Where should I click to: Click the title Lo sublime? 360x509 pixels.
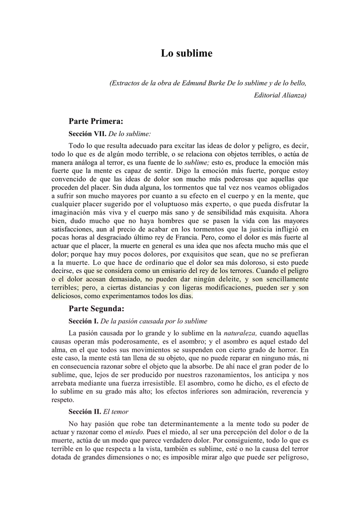(x=186, y=54)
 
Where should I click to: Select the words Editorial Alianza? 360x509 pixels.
(x=280, y=94)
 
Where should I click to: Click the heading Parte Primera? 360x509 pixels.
(x=96, y=121)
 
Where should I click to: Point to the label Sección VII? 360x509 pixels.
(x=87, y=134)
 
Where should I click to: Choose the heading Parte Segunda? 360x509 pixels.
(x=96, y=309)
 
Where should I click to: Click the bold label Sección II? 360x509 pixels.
(x=85, y=412)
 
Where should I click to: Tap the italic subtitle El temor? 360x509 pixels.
(x=115, y=412)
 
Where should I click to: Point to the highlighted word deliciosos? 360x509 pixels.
(x=69, y=296)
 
